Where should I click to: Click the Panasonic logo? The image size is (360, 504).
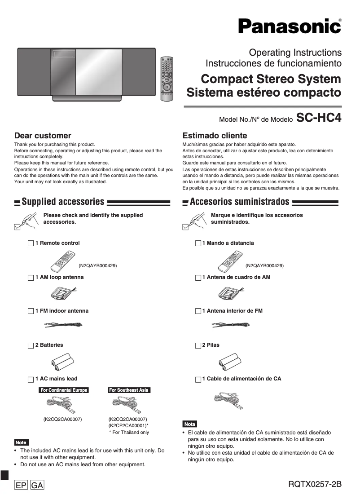290,26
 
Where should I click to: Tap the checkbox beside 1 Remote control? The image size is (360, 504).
31,243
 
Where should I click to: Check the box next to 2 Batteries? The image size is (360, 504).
31,345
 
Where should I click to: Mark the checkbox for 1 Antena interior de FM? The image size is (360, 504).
198,311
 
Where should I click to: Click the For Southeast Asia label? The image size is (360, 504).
129,390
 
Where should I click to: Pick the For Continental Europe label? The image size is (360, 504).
64,390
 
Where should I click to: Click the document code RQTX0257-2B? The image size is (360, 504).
315,484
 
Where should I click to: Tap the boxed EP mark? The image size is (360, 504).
21,485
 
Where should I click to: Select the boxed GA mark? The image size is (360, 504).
37,485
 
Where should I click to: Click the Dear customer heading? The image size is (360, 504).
43,136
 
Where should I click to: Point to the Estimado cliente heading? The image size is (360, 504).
215,136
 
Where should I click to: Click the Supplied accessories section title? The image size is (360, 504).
63,202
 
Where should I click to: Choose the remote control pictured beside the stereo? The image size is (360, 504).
167,79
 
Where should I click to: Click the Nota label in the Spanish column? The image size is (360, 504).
189,424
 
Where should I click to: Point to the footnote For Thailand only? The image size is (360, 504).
129,432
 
